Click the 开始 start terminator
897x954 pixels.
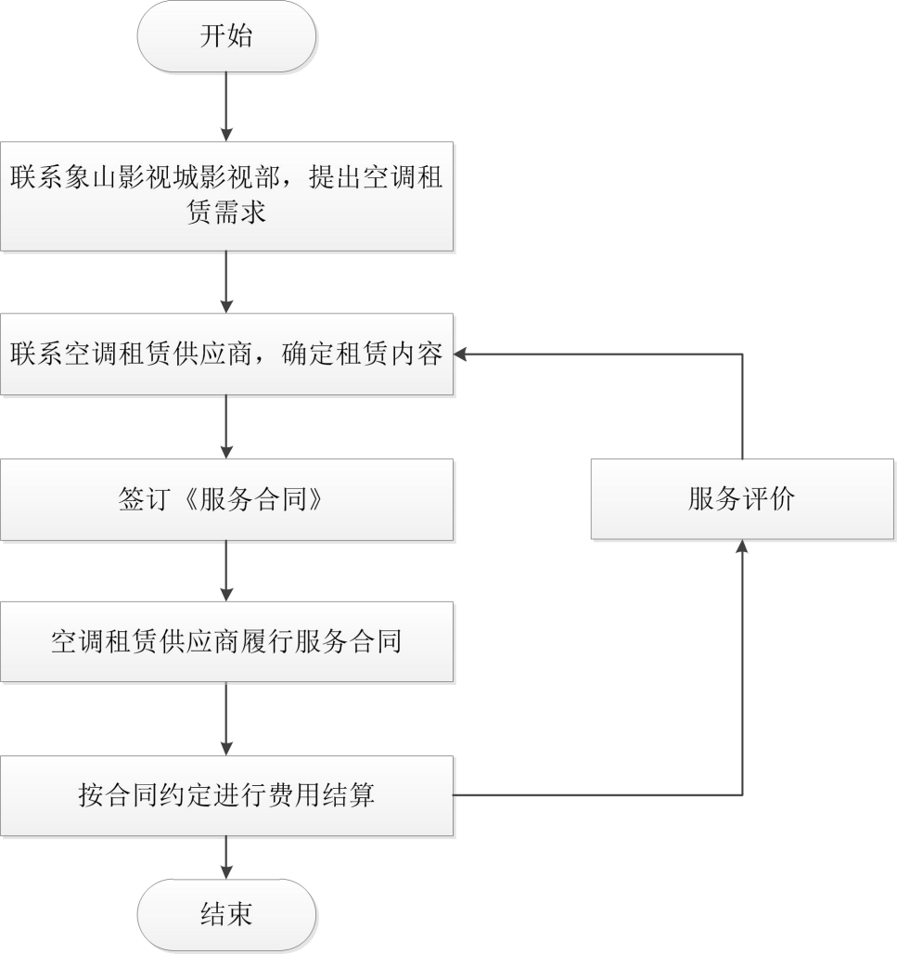tap(226, 38)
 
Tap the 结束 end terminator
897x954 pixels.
tap(226, 914)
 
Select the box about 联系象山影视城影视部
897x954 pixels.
tap(226, 195)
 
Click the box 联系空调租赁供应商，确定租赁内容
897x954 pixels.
tap(226, 355)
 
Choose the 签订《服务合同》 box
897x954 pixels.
tap(226, 500)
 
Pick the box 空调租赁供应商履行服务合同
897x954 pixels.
tap(226, 642)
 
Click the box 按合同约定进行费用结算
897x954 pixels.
tap(226, 795)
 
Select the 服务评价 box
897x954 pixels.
tap(741, 500)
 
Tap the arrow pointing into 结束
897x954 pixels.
tap(226, 857)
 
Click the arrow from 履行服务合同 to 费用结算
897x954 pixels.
tap(226, 719)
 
